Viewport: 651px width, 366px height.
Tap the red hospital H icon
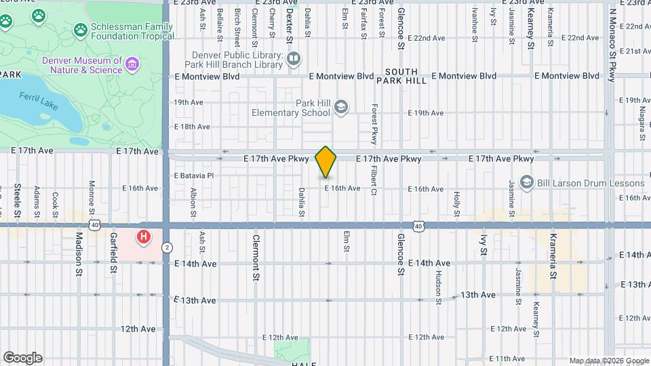point(144,237)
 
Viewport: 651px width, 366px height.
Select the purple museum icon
point(132,65)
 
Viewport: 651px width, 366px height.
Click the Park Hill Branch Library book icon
point(294,60)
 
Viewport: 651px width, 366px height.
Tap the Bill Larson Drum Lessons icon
point(526,183)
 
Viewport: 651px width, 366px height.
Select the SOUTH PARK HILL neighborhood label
point(406,76)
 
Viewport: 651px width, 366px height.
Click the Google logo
point(22,357)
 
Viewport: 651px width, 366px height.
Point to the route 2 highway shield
point(166,248)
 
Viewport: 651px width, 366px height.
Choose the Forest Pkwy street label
point(373,124)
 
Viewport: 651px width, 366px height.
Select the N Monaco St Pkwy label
point(612,41)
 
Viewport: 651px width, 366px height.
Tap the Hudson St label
point(439,285)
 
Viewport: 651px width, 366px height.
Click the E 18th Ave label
point(192,127)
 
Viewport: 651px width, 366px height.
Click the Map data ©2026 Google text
point(608,361)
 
